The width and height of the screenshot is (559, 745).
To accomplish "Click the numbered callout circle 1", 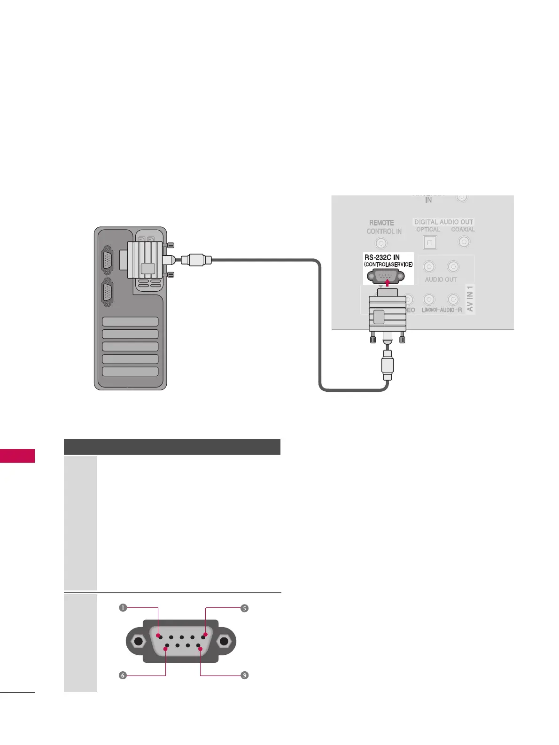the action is point(123,608).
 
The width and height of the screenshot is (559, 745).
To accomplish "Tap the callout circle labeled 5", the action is point(244,608).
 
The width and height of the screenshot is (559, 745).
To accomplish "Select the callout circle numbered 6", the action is point(123,675).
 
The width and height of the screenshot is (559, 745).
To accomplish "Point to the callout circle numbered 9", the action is point(244,675).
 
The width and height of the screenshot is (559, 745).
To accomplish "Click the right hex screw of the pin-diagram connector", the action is point(224,642).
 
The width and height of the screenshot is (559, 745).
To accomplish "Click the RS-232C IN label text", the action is point(382,257).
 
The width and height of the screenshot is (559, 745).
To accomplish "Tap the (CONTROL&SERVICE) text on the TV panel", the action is point(388,264).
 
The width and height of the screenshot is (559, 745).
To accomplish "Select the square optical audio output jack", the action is point(429,243).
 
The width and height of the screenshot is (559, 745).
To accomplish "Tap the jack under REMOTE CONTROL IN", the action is point(381,243).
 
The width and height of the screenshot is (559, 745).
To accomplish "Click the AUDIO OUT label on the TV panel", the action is point(441,279).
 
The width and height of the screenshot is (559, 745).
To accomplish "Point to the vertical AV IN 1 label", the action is point(470,299).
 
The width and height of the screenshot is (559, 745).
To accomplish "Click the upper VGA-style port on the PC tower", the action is point(107,260).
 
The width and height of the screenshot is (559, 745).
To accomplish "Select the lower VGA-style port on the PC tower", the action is point(107,293).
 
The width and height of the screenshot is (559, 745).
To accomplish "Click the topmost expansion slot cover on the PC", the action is point(130,322).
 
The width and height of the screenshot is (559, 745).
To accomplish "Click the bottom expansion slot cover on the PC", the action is point(130,371).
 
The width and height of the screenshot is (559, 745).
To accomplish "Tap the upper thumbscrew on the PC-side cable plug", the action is point(170,245).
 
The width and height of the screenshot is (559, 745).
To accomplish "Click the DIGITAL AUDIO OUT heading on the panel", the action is point(443,222).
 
